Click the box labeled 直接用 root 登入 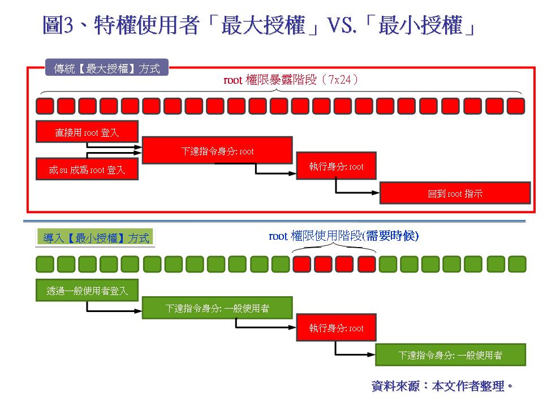[87, 132]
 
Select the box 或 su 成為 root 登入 [87, 169]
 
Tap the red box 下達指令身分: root [217, 150]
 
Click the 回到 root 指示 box [455, 193]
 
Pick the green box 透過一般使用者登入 [87, 290]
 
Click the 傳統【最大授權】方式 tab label [107, 68]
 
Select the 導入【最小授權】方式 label [95, 237]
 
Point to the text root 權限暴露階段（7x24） [291, 80]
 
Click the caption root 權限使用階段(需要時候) [343, 236]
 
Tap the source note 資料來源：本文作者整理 [442, 386]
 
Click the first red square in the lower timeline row [301, 264]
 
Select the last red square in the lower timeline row [367, 264]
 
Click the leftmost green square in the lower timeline [45, 264]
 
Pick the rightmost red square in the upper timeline [516, 106]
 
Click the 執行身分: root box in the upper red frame [336, 166]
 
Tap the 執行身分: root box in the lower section [336, 327]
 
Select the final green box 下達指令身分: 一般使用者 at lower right [451, 355]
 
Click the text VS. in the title [342, 25]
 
